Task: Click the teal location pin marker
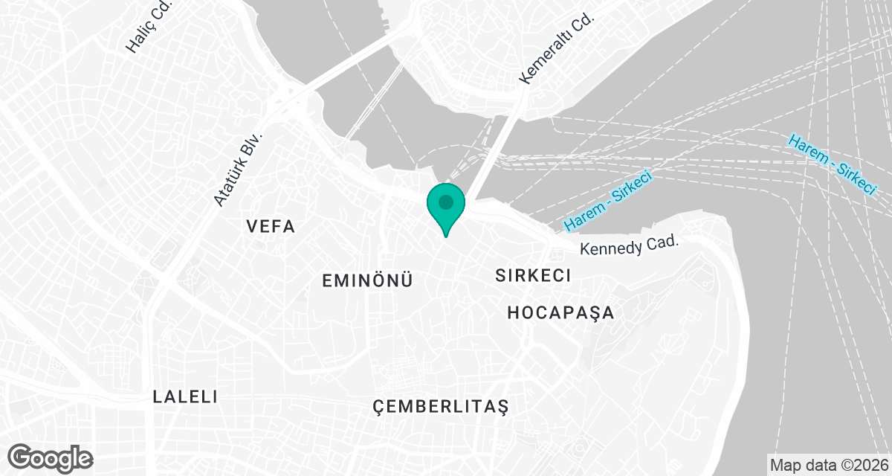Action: click(x=446, y=208)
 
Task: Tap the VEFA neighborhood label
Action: click(x=271, y=227)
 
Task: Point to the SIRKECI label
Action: click(x=533, y=275)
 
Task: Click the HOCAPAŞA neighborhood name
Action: click(x=561, y=312)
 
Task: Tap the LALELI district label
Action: click(x=185, y=396)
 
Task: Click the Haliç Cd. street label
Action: click(x=149, y=28)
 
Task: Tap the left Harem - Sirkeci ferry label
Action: click(x=607, y=201)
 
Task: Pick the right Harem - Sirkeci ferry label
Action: click(x=831, y=164)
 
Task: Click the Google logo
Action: click(x=51, y=457)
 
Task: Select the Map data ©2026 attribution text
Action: click(x=828, y=466)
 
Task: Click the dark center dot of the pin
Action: click(x=446, y=202)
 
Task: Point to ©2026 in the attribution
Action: click(x=862, y=466)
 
